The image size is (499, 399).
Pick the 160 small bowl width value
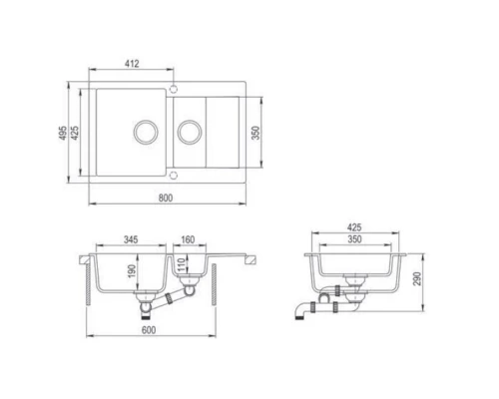[188, 240]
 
